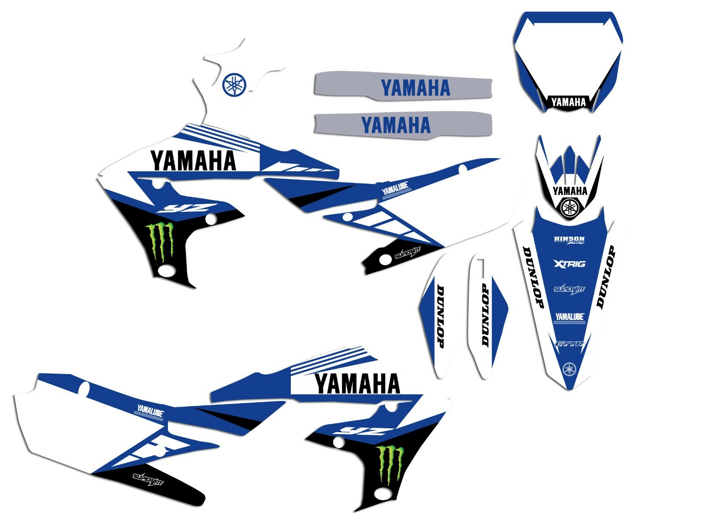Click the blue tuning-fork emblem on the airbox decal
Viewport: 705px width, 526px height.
[x=234, y=85]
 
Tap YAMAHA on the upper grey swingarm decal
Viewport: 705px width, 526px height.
[x=415, y=88]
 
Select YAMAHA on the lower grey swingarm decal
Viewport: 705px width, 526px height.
[x=396, y=125]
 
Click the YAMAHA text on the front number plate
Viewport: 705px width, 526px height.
[x=568, y=103]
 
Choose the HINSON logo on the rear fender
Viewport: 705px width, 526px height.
[x=569, y=240]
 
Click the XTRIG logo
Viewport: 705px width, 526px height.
[x=569, y=264]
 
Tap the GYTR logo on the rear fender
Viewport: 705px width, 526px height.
[x=569, y=344]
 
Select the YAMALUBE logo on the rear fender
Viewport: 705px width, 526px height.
[x=569, y=317]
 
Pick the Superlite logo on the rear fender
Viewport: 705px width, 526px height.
[x=569, y=289]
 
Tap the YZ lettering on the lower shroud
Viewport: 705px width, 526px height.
[x=358, y=430]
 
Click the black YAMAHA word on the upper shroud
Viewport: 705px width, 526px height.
[x=193, y=161]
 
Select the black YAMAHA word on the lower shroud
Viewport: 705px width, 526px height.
[x=357, y=383]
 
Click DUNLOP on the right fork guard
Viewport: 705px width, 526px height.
[x=485, y=314]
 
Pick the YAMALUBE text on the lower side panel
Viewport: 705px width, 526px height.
[x=150, y=412]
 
